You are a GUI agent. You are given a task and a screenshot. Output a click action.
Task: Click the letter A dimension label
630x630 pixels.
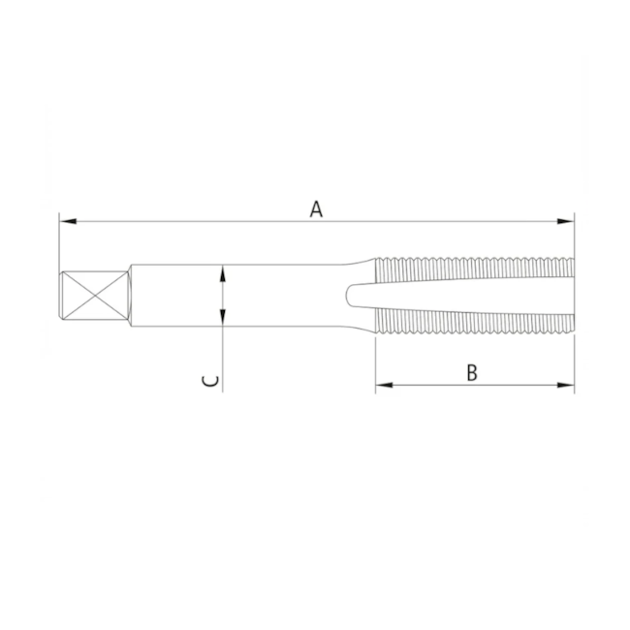point(315,207)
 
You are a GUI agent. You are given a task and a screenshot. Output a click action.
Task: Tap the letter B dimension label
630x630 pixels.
point(472,372)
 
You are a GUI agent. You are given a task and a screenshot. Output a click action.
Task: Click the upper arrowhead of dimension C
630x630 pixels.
point(223,272)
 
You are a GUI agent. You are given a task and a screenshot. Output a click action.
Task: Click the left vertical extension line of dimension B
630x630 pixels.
point(375,363)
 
